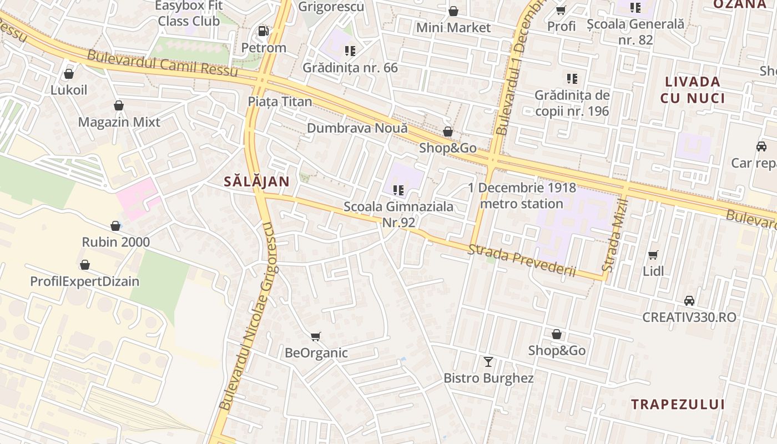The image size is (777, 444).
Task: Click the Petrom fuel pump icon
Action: click(x=264, y=31)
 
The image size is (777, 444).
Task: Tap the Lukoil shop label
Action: click(x=69, y=90)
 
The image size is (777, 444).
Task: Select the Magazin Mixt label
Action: click(x=119, y=122)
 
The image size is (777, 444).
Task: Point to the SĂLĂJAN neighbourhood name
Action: click(x=257, y=181)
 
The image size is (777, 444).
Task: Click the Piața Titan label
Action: click(x=280, y=102)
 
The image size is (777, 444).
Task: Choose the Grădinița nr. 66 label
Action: click(x=350, y=68)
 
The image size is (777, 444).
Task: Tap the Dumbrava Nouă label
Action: click(x=357, y=128)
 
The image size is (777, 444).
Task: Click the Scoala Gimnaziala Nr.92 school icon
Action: click(x=398, y=190)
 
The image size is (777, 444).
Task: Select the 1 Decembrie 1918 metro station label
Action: click(x=522, y=196)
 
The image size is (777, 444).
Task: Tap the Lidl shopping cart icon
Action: click(x=653, y=255)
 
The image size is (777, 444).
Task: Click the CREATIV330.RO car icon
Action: click(x=689, y=300)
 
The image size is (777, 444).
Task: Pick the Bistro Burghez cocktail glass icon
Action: click(x=488, y=362)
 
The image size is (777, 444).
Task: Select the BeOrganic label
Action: click(x=316, y=353)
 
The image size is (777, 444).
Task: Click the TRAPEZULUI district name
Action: click(x=678, y=404)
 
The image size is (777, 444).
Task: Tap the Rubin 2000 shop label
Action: click(x=116, y=243)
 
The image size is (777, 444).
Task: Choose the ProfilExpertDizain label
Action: click(x=85, y=281)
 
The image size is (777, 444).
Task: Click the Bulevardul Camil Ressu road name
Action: click(x=162, y=64)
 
